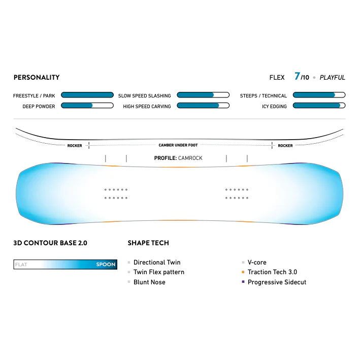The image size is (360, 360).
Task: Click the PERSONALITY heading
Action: (37, 77)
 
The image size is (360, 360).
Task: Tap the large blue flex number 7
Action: (297, 76)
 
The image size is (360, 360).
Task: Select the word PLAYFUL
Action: (332, 78)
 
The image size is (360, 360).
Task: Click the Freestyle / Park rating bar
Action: (87, 95)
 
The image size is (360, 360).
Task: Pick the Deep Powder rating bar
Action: (87, 106)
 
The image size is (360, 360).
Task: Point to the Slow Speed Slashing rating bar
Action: (203, 95)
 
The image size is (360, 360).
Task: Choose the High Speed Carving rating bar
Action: (203, 106)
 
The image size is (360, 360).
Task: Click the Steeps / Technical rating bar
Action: (319, 95)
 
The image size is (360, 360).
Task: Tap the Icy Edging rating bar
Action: (319, 106)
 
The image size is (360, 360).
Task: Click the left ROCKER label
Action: (75, 146)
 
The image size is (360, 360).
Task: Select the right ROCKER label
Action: (285, 146)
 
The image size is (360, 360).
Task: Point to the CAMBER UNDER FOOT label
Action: (178, 145)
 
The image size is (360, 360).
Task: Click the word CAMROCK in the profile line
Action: (190, 158)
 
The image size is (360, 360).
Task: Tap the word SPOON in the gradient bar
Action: (106, 264)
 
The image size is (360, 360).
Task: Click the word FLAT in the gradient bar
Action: (21, 265)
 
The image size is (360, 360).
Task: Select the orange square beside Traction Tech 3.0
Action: (243, 272)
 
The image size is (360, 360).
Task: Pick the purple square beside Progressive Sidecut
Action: (243, 282)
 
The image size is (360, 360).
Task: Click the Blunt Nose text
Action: (149, 282)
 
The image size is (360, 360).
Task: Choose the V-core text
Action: (257, 263)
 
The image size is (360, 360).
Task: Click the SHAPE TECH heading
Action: (148, 243)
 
